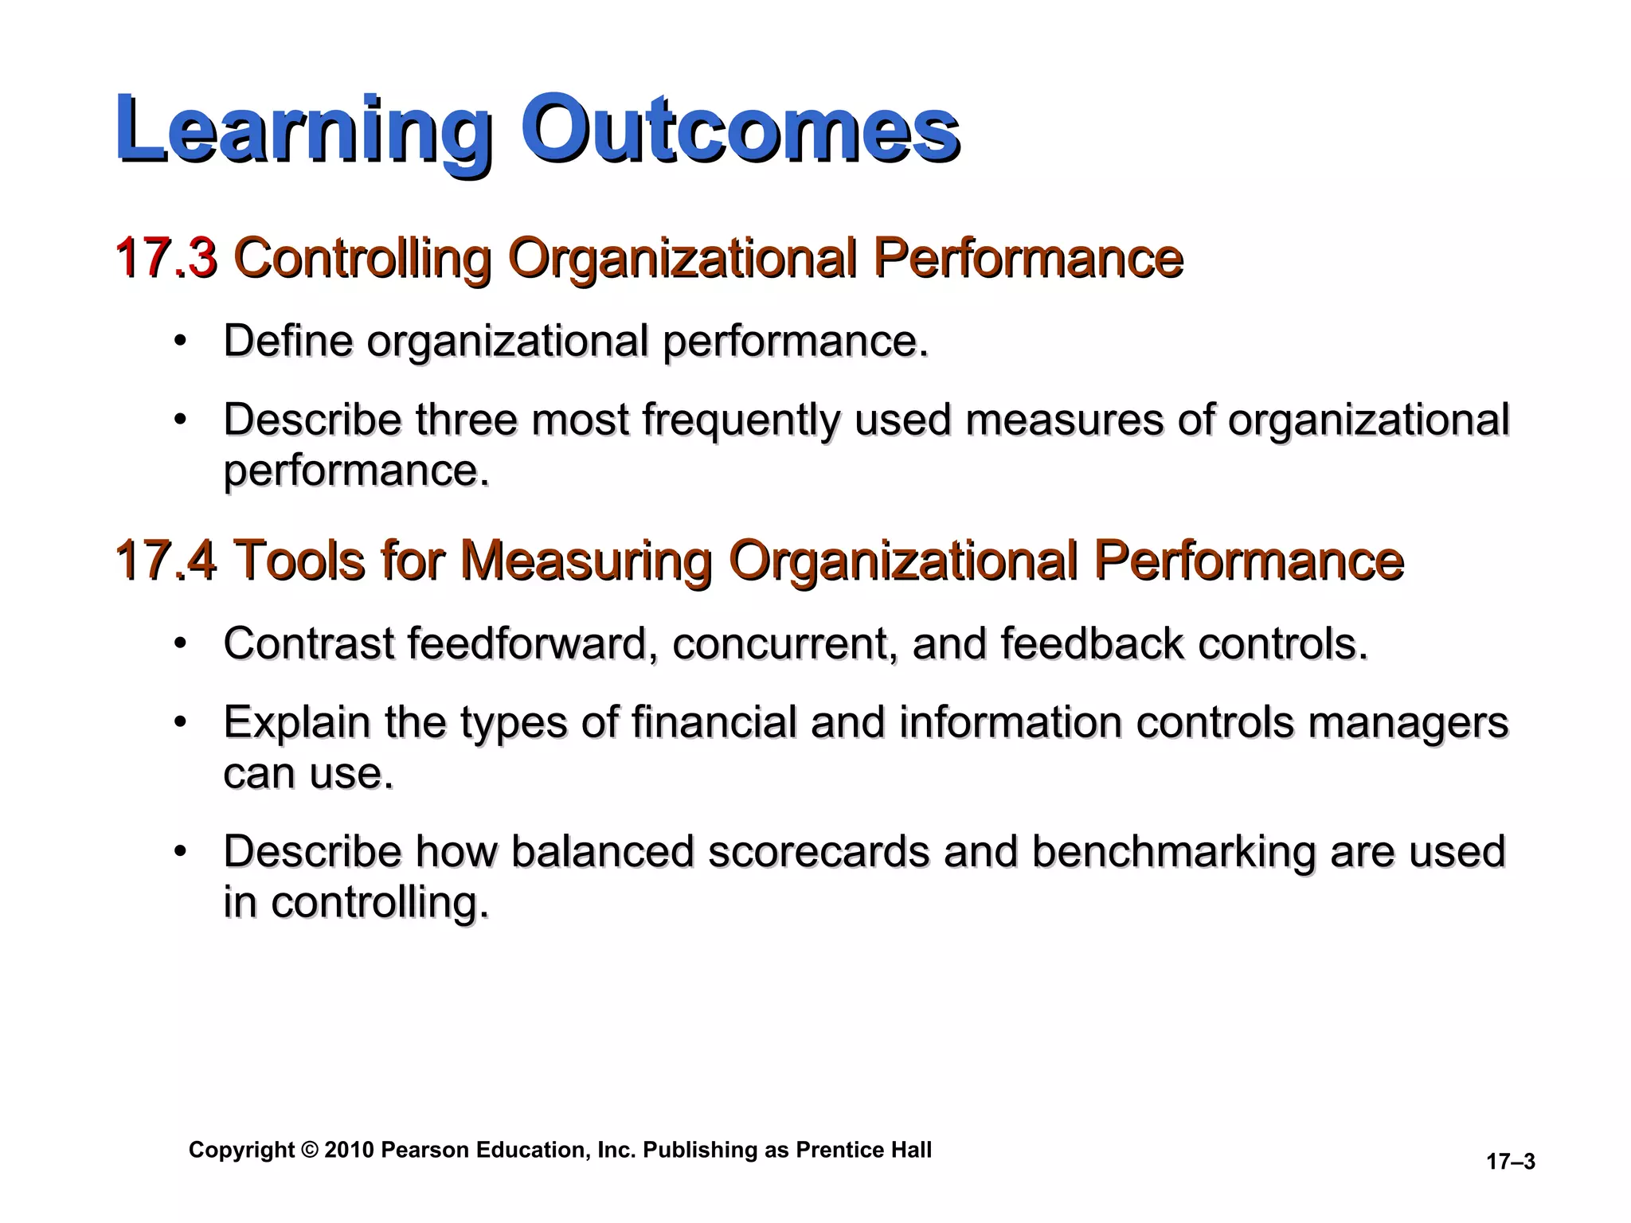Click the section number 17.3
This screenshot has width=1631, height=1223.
coord(166,258)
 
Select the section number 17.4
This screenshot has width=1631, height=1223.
coord(166,560)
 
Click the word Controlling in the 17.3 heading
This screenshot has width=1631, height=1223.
coord(362,258)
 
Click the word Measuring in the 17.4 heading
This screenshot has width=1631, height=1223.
coord(585,560)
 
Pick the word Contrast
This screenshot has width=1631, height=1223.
coord(309,643)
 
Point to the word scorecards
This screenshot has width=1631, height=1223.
coord(819,851)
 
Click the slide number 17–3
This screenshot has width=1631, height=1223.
coord(1511,1162)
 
